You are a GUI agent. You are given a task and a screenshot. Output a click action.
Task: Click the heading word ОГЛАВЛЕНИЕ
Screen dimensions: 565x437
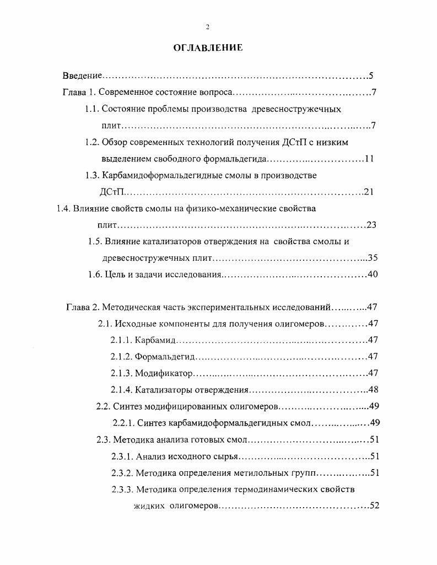click(208, 49)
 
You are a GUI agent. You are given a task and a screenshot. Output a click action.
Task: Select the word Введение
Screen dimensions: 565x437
click(82, 76)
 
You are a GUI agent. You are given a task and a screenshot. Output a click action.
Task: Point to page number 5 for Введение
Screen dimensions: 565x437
click(371, 76)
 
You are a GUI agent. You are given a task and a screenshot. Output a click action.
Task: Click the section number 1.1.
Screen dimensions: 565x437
click(91, 109)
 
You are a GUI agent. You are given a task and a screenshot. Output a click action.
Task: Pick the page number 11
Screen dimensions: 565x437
click(369, 159)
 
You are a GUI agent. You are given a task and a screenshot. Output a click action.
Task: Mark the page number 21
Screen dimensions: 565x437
click(369, 192)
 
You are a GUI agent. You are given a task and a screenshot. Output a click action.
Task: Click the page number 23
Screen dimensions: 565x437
click(371, 225)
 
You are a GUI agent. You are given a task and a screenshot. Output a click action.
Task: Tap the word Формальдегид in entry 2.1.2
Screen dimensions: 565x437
click(164, 357)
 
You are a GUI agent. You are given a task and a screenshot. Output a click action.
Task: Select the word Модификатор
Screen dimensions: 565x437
click(163, 374)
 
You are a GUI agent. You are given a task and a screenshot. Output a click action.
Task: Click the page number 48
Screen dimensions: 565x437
click(373, 390)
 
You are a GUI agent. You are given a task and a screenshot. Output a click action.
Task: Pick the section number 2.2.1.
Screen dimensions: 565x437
click(122, 423)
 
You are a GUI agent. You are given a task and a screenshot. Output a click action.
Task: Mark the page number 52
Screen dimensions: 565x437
click(374, 506)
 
